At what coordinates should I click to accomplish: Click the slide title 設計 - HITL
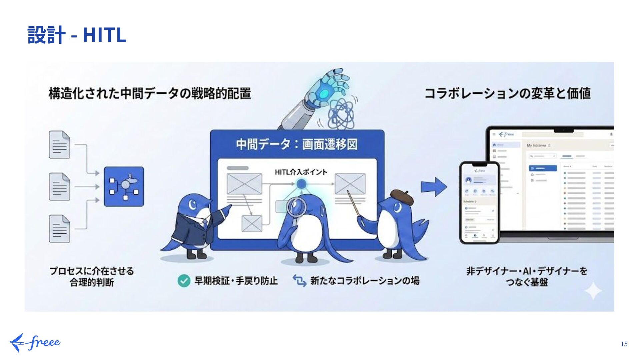(x=77, y=35)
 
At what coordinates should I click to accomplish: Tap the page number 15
(x=624, y=344)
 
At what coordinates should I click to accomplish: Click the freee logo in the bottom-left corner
(x=35, y=343)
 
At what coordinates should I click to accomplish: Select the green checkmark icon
(x=184, y=281)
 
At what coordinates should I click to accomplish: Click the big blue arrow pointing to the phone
(x=434, y=187)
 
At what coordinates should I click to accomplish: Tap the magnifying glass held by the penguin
(x=296, y=207)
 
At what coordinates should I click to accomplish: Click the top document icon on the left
(x=60, y=145)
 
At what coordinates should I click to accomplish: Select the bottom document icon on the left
(x=60, y=229)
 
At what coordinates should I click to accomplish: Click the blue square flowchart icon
(x=124, y=187)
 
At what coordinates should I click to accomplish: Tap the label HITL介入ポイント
(x=301, y=172)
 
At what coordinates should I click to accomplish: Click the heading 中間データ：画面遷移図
(x=297, y=144)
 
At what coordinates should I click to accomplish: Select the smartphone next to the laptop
(x=479, y=203)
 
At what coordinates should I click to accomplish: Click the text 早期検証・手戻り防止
(x=236, y=281)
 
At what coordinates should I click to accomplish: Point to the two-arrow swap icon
(x=299, y=281)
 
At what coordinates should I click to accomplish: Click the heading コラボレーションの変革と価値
(x=507, y=93)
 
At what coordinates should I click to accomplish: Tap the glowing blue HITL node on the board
(x=301, y=184)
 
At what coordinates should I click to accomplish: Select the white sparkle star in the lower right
(x=593, y=291)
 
